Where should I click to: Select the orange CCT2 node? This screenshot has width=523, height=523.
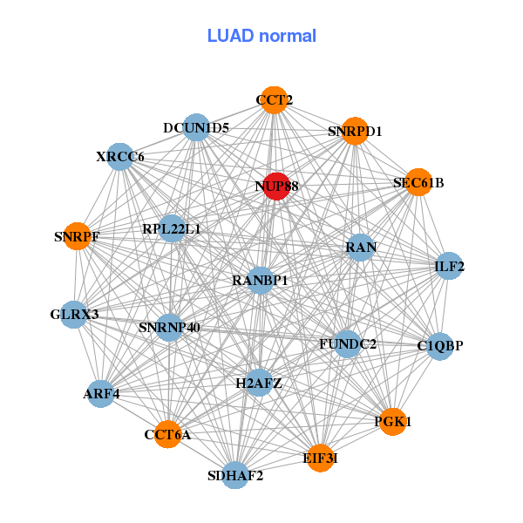(274, 100)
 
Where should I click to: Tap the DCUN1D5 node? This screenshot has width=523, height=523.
(196, 128)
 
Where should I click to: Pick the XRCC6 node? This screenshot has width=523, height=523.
(120, 157)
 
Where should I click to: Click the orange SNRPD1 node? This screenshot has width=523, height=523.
(355, 132)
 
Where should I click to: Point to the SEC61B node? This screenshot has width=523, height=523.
(418, 182)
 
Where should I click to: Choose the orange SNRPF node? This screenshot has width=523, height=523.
(77, 235)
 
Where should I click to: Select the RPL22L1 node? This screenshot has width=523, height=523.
(172, 229)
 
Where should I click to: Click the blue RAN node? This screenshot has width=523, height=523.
(360, 248)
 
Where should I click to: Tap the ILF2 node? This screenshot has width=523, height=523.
(449, 266)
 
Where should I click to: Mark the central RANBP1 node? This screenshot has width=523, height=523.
(260, 281)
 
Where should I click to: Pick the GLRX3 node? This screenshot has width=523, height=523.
(74, 314)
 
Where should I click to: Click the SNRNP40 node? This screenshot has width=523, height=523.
(169, 328)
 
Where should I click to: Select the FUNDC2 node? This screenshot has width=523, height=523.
(347, 344)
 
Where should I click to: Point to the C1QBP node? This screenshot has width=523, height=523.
(439, 346)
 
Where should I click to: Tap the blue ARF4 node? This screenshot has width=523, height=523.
(101, 394)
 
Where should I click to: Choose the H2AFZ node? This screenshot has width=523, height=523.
(259, 383)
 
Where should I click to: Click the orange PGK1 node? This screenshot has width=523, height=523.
(392, 422)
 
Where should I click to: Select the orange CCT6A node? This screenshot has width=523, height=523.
(167, 434)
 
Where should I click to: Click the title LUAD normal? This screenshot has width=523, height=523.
(261, 36)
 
